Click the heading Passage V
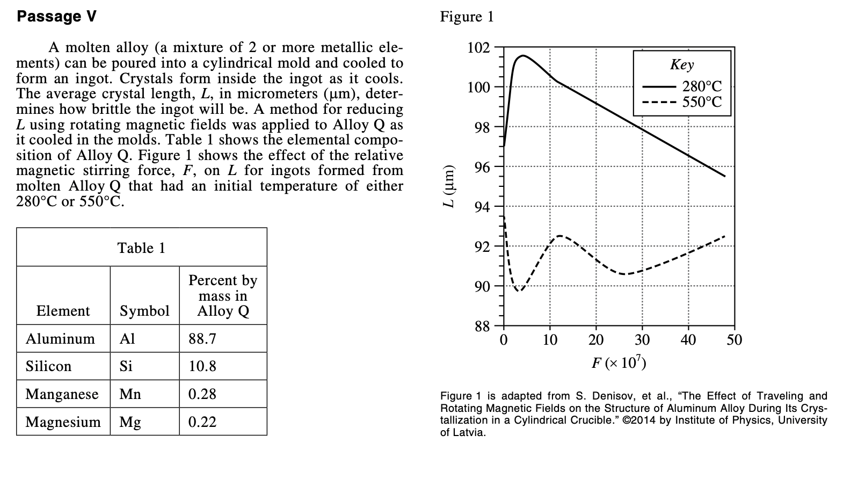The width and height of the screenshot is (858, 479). point(56,16)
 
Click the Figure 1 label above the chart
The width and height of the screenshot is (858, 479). point(466,17)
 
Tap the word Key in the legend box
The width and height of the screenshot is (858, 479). point(681,64)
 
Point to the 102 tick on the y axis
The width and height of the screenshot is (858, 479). point(478,47)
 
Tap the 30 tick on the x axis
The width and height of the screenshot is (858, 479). point(642,340)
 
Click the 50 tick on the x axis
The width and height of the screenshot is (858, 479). point(734,340)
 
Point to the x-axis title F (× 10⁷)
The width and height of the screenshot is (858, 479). point(619,363)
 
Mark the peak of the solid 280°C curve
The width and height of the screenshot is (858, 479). point(522,55)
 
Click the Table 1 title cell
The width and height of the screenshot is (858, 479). point(141,248)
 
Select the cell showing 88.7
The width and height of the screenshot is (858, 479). point(202,338)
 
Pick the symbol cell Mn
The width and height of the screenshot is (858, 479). point(130,394)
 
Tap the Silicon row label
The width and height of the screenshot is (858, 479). point(48,366)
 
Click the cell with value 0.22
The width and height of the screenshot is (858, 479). point(202,422)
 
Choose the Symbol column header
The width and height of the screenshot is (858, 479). point(144,311)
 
